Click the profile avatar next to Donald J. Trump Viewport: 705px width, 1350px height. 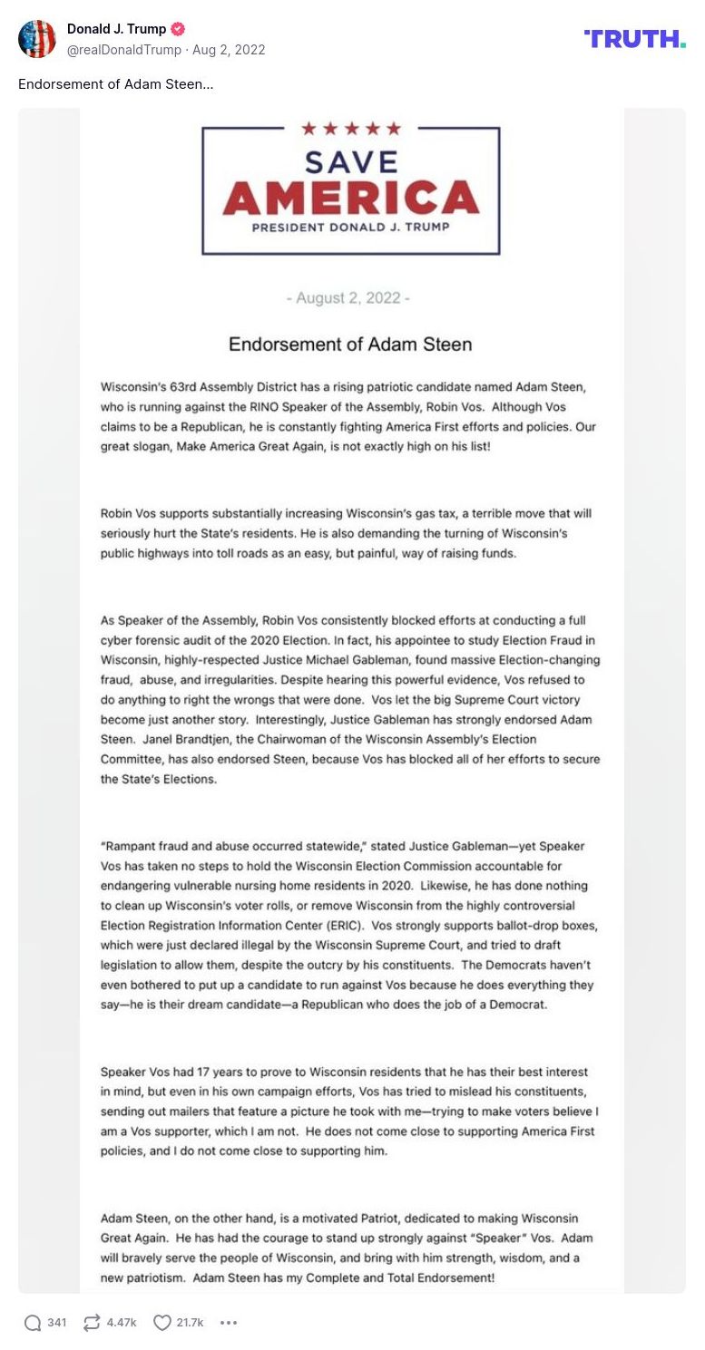coord(37,38)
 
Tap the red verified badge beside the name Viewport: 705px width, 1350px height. coord(177,29)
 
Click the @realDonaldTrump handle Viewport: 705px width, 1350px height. coord(124,50)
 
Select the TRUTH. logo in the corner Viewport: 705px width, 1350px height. coord(634,38)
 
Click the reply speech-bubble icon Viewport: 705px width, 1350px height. coord(33,1323)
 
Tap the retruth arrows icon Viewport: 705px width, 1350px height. coord(91,1323)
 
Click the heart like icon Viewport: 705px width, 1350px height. coord(162,1323)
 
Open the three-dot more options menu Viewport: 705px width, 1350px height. coord(229,1323)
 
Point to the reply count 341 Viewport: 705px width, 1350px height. coord(57,1323)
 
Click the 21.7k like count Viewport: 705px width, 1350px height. coord(190,1323)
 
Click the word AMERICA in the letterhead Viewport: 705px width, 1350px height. coord(350,197)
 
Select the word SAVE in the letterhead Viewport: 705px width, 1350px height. coord(350,161)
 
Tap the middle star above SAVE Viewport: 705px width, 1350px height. coord(350,129)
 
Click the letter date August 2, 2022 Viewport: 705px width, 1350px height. coord(348,298)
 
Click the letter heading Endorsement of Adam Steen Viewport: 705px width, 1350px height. coord(350,345)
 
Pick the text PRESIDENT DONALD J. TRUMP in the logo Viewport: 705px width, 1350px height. coord(350,227)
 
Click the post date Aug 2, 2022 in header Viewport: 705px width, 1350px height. coord(229,50)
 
